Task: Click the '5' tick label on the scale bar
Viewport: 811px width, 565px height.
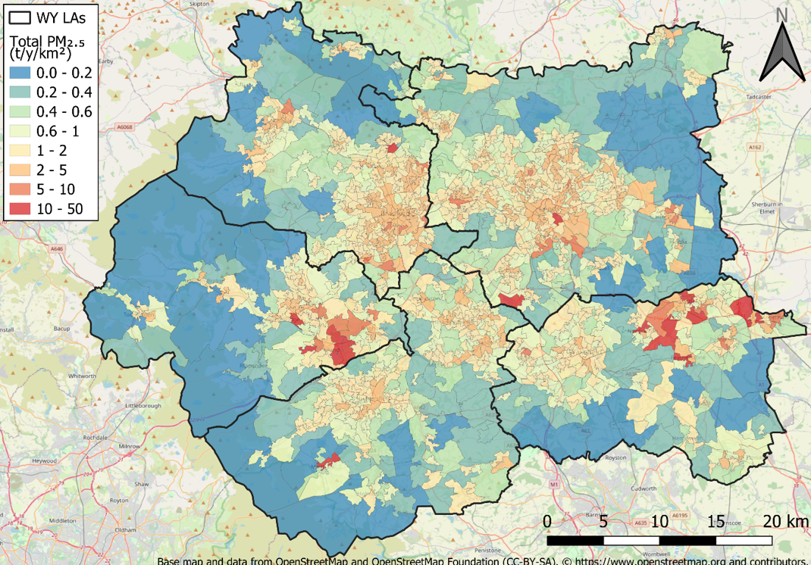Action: pyautogui.click(x=604, y=522)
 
